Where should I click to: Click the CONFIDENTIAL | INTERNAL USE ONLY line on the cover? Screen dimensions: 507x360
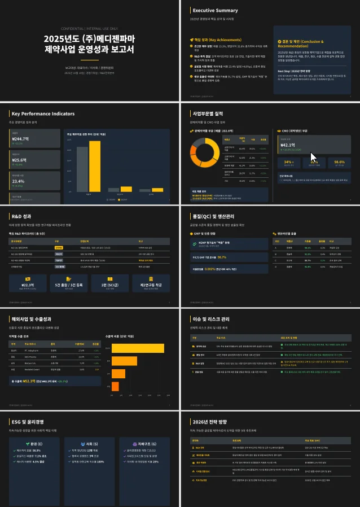click(x=90, y=28)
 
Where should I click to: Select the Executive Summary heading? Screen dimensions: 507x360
click(x=215, y=10)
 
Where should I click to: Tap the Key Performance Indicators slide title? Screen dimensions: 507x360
click(x=43, y=113)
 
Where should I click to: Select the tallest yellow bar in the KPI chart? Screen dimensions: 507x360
click(x=95, y=165)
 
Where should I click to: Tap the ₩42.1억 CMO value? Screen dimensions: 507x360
click(x=291, y=145)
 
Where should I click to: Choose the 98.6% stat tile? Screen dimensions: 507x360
click(x=339, y=161)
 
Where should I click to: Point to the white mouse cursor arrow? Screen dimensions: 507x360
click(x=313, y=156)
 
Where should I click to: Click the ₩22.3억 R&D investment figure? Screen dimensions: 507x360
click(x=26, y=285)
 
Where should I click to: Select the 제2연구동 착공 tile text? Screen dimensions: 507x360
click(x=151, y=285)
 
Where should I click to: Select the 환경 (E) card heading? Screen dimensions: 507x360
click(x=30, y=443)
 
